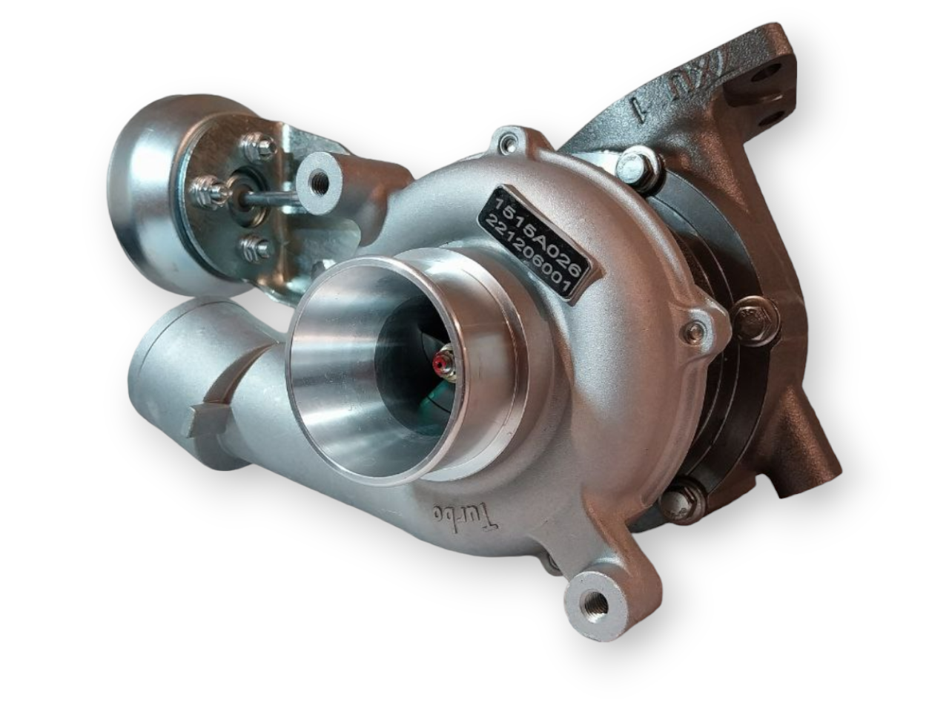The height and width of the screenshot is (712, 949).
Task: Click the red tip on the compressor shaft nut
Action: point(443,363)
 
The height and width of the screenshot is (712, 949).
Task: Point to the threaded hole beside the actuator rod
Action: point(320,179)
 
